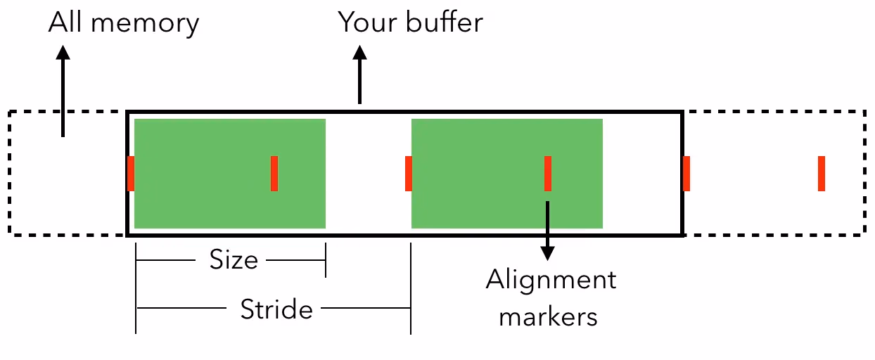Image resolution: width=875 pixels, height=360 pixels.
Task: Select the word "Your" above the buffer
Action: click(x=364, y=22)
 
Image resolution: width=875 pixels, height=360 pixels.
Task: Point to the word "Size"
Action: click(x=234, y=261)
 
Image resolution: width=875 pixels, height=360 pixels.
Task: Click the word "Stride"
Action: click(x=276, y=309)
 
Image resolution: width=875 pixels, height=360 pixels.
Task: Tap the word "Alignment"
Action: click(x=551, y=281)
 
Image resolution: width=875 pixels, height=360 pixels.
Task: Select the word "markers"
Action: click(x=548, y=316)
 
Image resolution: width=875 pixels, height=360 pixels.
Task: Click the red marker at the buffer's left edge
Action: click(x=131, y=174)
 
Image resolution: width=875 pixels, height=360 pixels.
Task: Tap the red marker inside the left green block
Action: click(x=274, y=174)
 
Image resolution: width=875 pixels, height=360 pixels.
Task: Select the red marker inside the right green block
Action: click(x=548, y=174)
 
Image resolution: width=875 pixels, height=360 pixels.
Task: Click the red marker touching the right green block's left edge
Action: click(x=409, y=174)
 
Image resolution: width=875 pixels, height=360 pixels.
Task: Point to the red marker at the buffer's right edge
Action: click(x=686, y=174)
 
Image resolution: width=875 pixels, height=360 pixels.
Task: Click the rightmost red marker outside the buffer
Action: click(x=822, y=174)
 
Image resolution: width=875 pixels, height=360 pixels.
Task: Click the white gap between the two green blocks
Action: click(x=368, y=174)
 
